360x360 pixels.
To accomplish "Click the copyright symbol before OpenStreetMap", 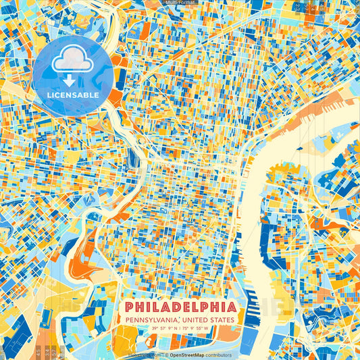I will (166, 355).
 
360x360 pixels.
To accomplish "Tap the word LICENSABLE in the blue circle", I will (73, 95).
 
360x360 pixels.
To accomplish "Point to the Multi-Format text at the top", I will (180, 3).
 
